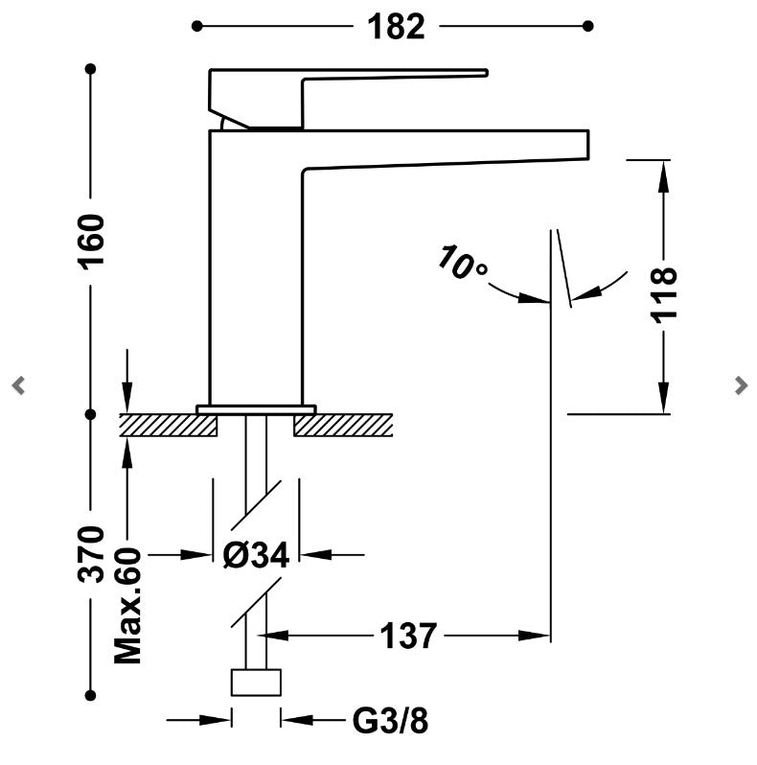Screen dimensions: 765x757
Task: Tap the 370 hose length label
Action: click(91, 554)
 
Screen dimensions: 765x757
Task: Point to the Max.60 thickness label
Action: click(127, 606)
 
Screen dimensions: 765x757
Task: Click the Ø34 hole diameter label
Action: click(255, 555)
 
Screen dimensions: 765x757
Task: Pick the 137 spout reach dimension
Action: click(408, 635)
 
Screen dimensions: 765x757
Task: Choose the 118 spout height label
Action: click(662, 294)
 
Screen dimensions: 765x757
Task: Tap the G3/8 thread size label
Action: click(390, 719)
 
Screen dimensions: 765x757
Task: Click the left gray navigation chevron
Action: click(18, 386)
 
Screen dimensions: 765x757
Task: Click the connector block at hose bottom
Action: click(256, 683)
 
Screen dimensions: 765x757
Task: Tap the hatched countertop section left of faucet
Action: click(168, 425)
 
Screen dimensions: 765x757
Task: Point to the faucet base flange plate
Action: click(256, 409)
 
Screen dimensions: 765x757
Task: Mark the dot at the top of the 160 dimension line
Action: click(91, 69)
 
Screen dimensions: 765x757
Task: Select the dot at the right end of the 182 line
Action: click(588, 26)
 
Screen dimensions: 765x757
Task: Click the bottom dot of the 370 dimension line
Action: click(91, 695)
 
